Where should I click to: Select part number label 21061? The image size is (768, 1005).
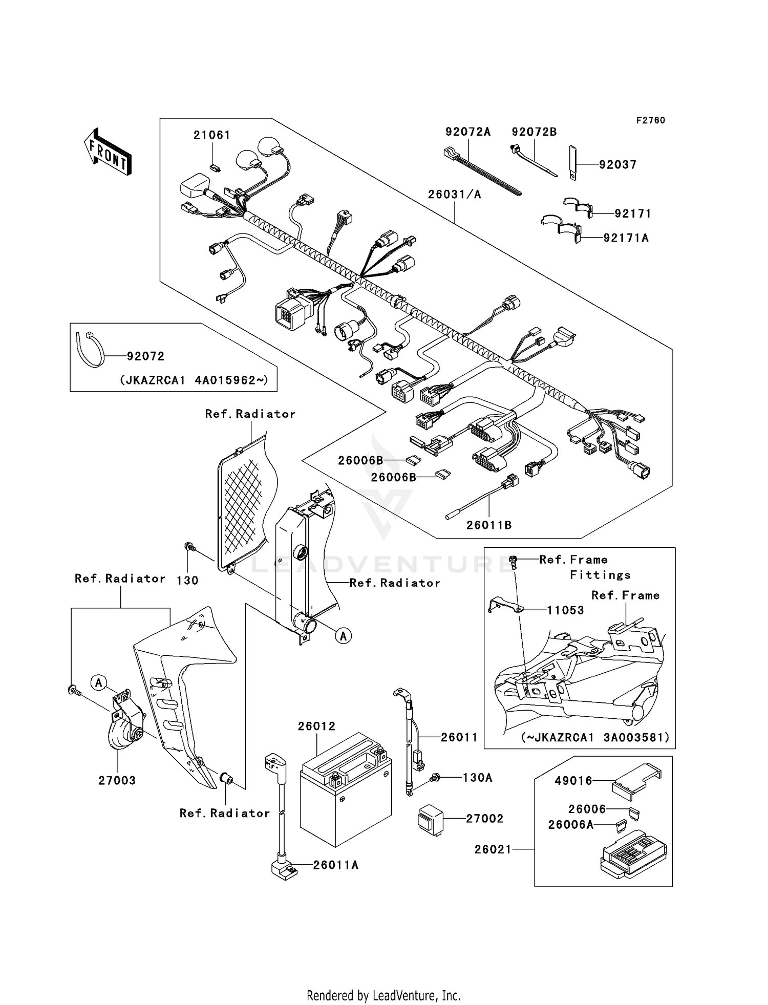tap(211, 135)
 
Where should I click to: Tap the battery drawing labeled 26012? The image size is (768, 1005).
tap(346, 789)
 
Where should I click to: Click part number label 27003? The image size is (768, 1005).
tap(117, 780)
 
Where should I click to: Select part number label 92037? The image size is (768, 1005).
tap(617, 165)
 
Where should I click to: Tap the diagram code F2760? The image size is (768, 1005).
tap(650, 120)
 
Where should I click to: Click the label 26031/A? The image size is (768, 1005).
tap(455, 195)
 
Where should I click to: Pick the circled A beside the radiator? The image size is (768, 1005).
tap(344, 636)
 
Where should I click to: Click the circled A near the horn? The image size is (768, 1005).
tap(99, 682)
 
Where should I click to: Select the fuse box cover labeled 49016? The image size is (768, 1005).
tap(637, 781)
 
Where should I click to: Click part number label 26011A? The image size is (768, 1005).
tap(335, 865)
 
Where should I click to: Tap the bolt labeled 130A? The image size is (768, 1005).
tap(434, 778)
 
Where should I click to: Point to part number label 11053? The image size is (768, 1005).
tap(565, 610)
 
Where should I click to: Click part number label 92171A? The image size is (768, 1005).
tap(626, 238)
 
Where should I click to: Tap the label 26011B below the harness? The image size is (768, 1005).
tap(488, 525)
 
